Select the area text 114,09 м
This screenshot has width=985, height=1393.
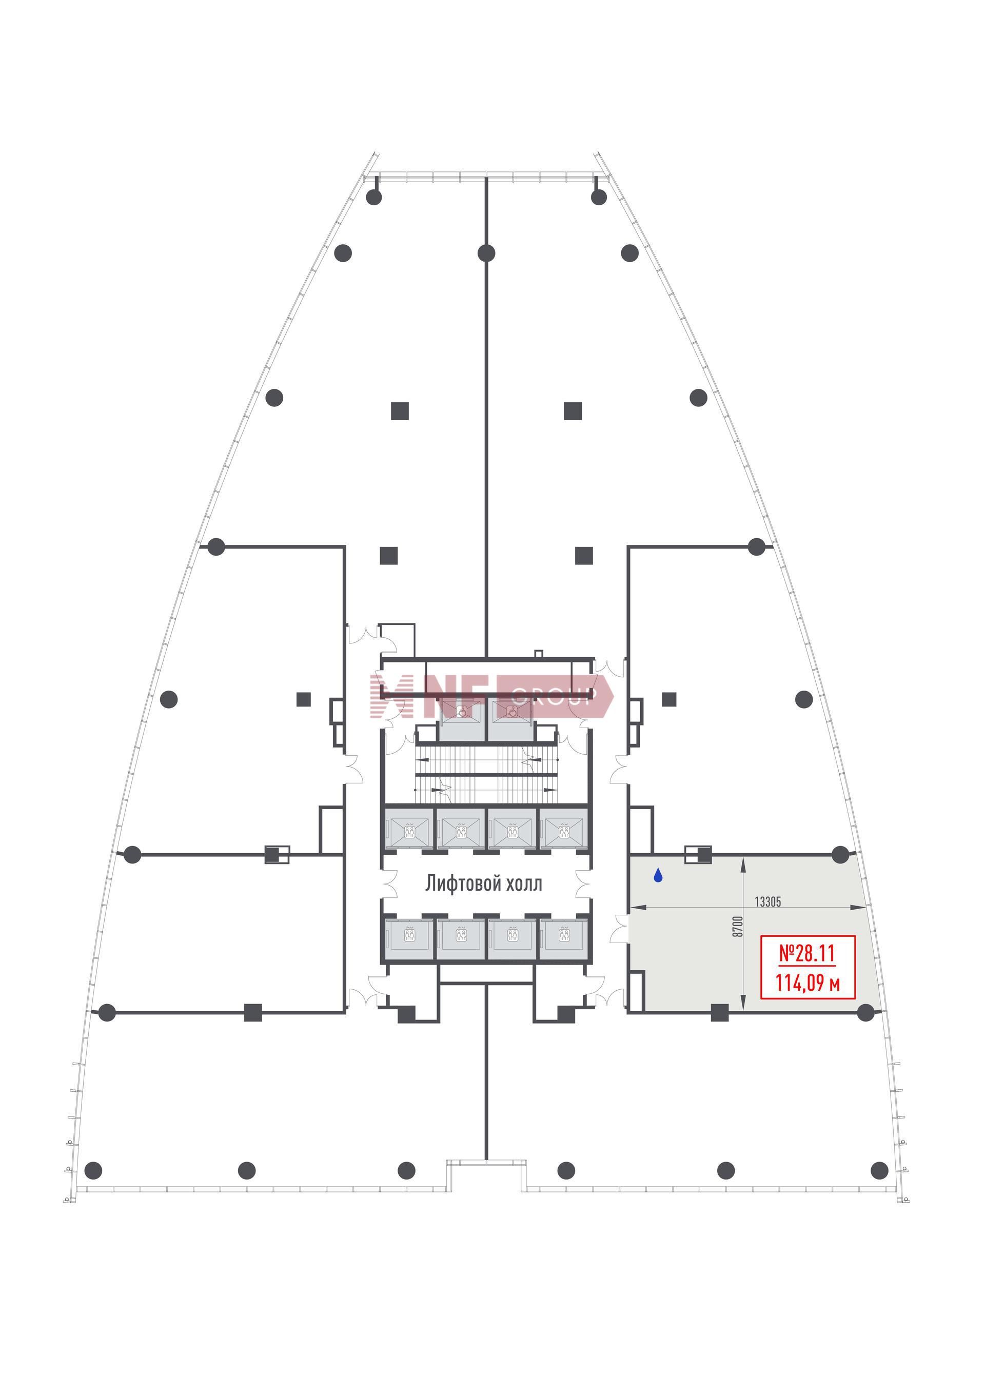(x=807, y=983)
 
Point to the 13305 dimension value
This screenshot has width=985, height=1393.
(x=767, y=901)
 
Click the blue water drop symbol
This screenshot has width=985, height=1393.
(x=658, y=875)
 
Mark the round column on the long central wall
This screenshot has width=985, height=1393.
(x=486, y=253)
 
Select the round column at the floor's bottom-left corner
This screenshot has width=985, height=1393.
(x=93, y=1170)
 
